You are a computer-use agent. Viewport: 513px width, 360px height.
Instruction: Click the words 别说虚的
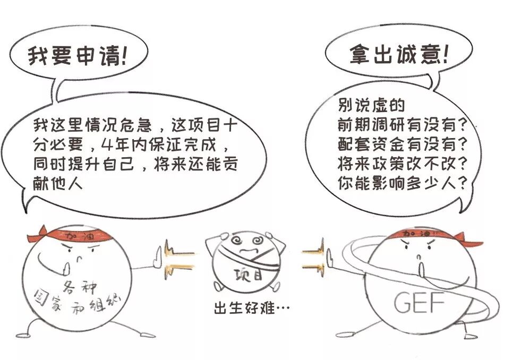371,106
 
